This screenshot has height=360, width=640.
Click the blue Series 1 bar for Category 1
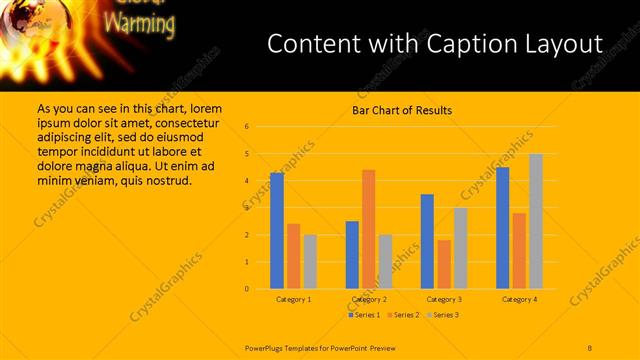(x=277, y=231)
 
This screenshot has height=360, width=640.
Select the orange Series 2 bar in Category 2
(x=368, y=229)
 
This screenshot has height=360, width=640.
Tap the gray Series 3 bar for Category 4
(x=536, y=221)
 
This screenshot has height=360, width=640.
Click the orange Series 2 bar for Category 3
(x=444, y=264)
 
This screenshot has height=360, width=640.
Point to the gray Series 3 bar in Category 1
(x=310, y=261)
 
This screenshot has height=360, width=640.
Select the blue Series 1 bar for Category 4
(x=502, y=228)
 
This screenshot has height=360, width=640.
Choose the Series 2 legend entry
(x=403, y=315)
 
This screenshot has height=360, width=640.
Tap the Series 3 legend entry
(x=442, y=315)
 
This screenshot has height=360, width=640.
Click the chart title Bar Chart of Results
(x=402, y=110)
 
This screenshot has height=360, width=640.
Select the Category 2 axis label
(x=369, y=299)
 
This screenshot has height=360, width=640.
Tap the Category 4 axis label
(x=519, y=299)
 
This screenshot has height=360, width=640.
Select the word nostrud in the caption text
(x=167, y=180)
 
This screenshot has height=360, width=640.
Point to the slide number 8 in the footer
(x=590, y=346)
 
